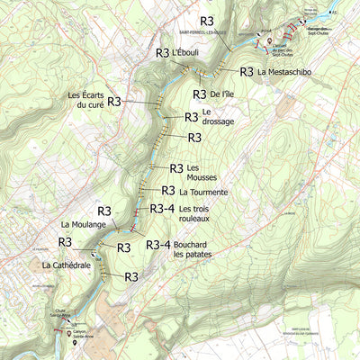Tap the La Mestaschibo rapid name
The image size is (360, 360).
point(284,71)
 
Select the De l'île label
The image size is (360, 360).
point(225,94)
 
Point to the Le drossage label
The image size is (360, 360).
point(218,116)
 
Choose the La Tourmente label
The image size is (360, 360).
point(209,192)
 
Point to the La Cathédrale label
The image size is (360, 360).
point(67,265)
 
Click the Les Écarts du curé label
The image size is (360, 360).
point(85,100)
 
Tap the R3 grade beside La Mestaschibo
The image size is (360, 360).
point(246,71)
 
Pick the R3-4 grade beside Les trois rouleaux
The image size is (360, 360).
point(162,209)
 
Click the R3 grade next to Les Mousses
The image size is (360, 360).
point(176,168)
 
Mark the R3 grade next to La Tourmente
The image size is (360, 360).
point(168,190)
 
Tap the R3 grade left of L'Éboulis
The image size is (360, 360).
point(162,53)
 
